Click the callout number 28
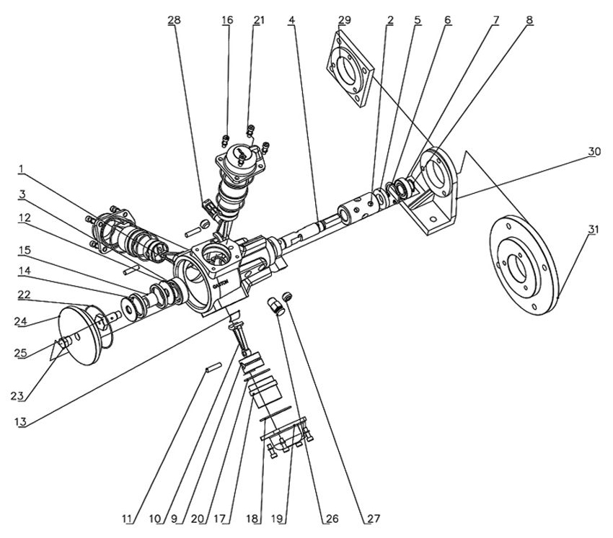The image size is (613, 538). (174, 20)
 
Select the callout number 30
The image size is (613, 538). (594, 151)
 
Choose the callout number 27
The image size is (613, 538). (372, 518)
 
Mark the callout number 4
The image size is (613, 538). (291, 20)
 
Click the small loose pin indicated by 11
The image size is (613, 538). (212, 367)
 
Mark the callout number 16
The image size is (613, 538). (227, 20)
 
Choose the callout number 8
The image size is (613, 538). (529, 20)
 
